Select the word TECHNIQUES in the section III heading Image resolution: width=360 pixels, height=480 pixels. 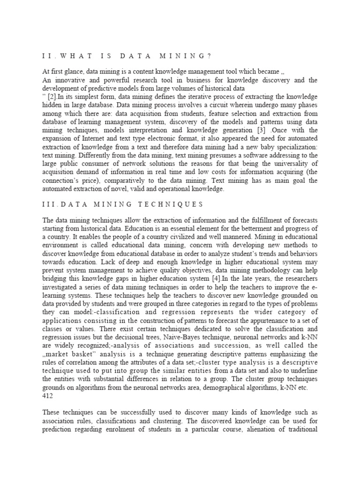tap(173, 204)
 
